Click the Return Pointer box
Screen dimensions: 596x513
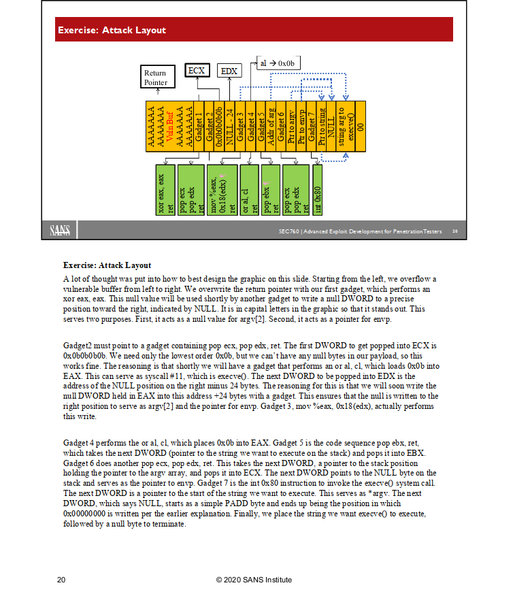154,78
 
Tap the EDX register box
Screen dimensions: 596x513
229,71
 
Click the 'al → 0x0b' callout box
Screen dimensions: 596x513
278,63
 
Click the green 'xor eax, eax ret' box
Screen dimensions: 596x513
165,190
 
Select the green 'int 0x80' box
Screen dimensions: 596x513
317,190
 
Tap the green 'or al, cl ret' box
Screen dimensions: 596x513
249,190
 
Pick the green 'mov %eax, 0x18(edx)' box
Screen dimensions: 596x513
222,190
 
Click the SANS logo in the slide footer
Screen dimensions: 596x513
60,231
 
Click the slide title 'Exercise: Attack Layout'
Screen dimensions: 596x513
112,30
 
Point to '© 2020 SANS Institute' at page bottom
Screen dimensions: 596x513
254,580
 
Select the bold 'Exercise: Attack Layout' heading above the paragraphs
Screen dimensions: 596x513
107,265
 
